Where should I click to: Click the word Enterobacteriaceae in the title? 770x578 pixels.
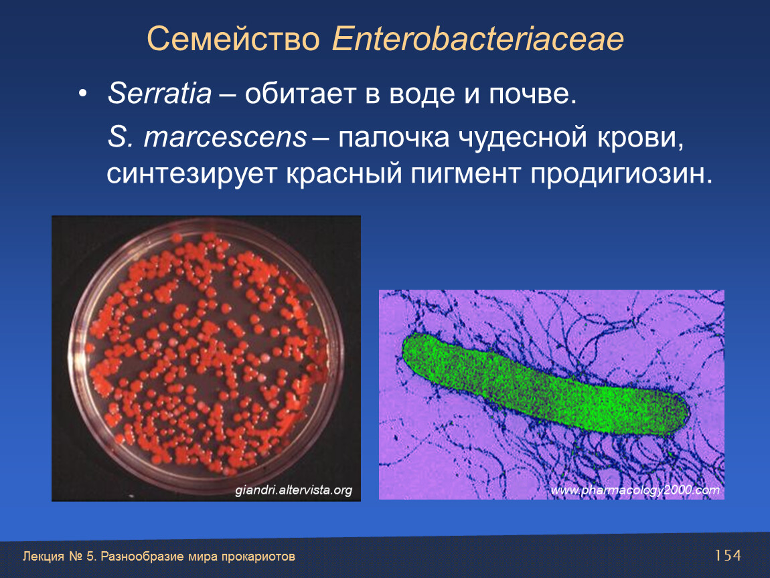click(478, 39)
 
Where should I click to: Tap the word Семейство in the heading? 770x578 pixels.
click(233, 39)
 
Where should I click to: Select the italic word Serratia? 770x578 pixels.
click(159, 93)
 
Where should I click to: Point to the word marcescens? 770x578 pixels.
click(226, 137)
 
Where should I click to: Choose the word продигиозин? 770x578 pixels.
click(621, 174)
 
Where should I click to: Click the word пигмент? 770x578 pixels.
click(465, 174)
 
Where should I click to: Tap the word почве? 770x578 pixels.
click(532, 94)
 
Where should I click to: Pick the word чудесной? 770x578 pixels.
click(522, 137)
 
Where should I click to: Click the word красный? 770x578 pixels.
click(343, 174)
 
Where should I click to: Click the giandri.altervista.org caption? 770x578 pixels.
click(293, 490)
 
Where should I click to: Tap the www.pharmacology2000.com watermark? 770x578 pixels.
click(635, 490)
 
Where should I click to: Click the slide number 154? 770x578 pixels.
click(728, 555)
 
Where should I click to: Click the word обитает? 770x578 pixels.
click(300, 93)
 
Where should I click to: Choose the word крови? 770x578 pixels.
click(640, 138)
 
